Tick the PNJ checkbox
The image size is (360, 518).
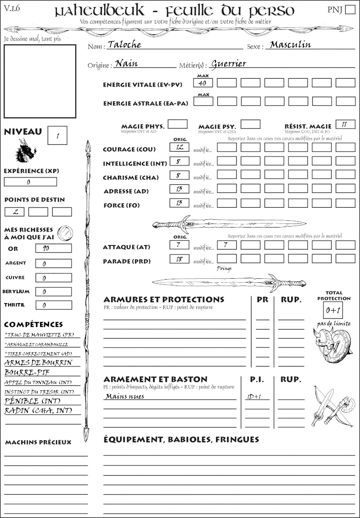(350, 10)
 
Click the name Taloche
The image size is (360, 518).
(124, 45)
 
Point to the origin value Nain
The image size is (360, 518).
(126, 63)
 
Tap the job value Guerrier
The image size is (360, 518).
(229, 63)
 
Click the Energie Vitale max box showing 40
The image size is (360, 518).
(203, 83)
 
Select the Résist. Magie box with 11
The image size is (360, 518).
(345, 124)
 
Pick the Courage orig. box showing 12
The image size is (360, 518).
(179, 147)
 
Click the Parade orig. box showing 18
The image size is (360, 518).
(179, 259)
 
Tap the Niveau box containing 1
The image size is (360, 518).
(57, 135)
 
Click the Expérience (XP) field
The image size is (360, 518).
(31, 182)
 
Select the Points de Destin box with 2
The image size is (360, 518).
(14, 211)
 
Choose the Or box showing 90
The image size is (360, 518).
(53, 248)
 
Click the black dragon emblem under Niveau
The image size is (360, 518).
(25, 150)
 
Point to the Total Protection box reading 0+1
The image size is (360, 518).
(333, 310)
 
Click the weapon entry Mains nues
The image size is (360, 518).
(125, 397)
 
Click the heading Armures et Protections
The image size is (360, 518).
(163, 299)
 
